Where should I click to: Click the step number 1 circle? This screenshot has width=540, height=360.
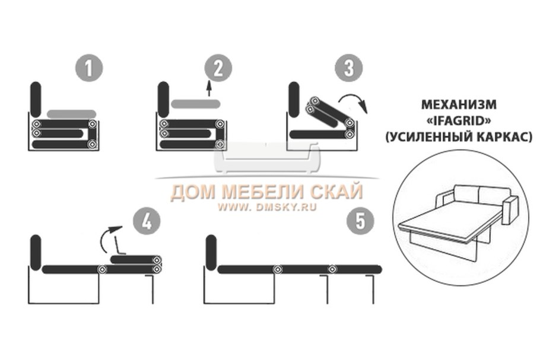tap(88, 69)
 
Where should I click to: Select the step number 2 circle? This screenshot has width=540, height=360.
tap(218, 69)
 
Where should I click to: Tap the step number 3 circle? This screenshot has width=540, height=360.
tap(348, 69)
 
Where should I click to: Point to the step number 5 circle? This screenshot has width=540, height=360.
tap(360, 222)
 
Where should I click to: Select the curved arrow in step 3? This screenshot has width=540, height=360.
tap(357, 101)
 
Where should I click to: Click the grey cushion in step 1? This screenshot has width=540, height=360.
tap(72, 113)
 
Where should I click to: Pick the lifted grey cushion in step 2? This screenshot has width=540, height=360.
tap(196, 104)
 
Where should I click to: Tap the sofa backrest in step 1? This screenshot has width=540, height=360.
tap(35, 100)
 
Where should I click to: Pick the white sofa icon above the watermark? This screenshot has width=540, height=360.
tap(266, 157)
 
